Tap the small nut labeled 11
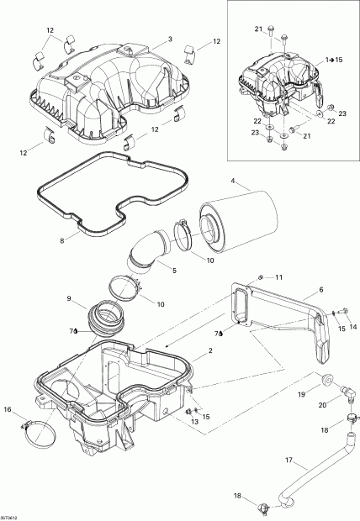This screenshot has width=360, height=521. click(x=262, y=276)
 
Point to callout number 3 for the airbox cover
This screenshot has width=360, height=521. click(x=170, y=39)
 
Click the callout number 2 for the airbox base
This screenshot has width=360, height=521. click(x=199, y=360)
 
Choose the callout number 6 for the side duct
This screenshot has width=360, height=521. click(x=320, y=289)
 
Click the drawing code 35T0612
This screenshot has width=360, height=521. click(x=11, y=516)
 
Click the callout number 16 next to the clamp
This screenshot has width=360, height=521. click(x=8, y=410)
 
